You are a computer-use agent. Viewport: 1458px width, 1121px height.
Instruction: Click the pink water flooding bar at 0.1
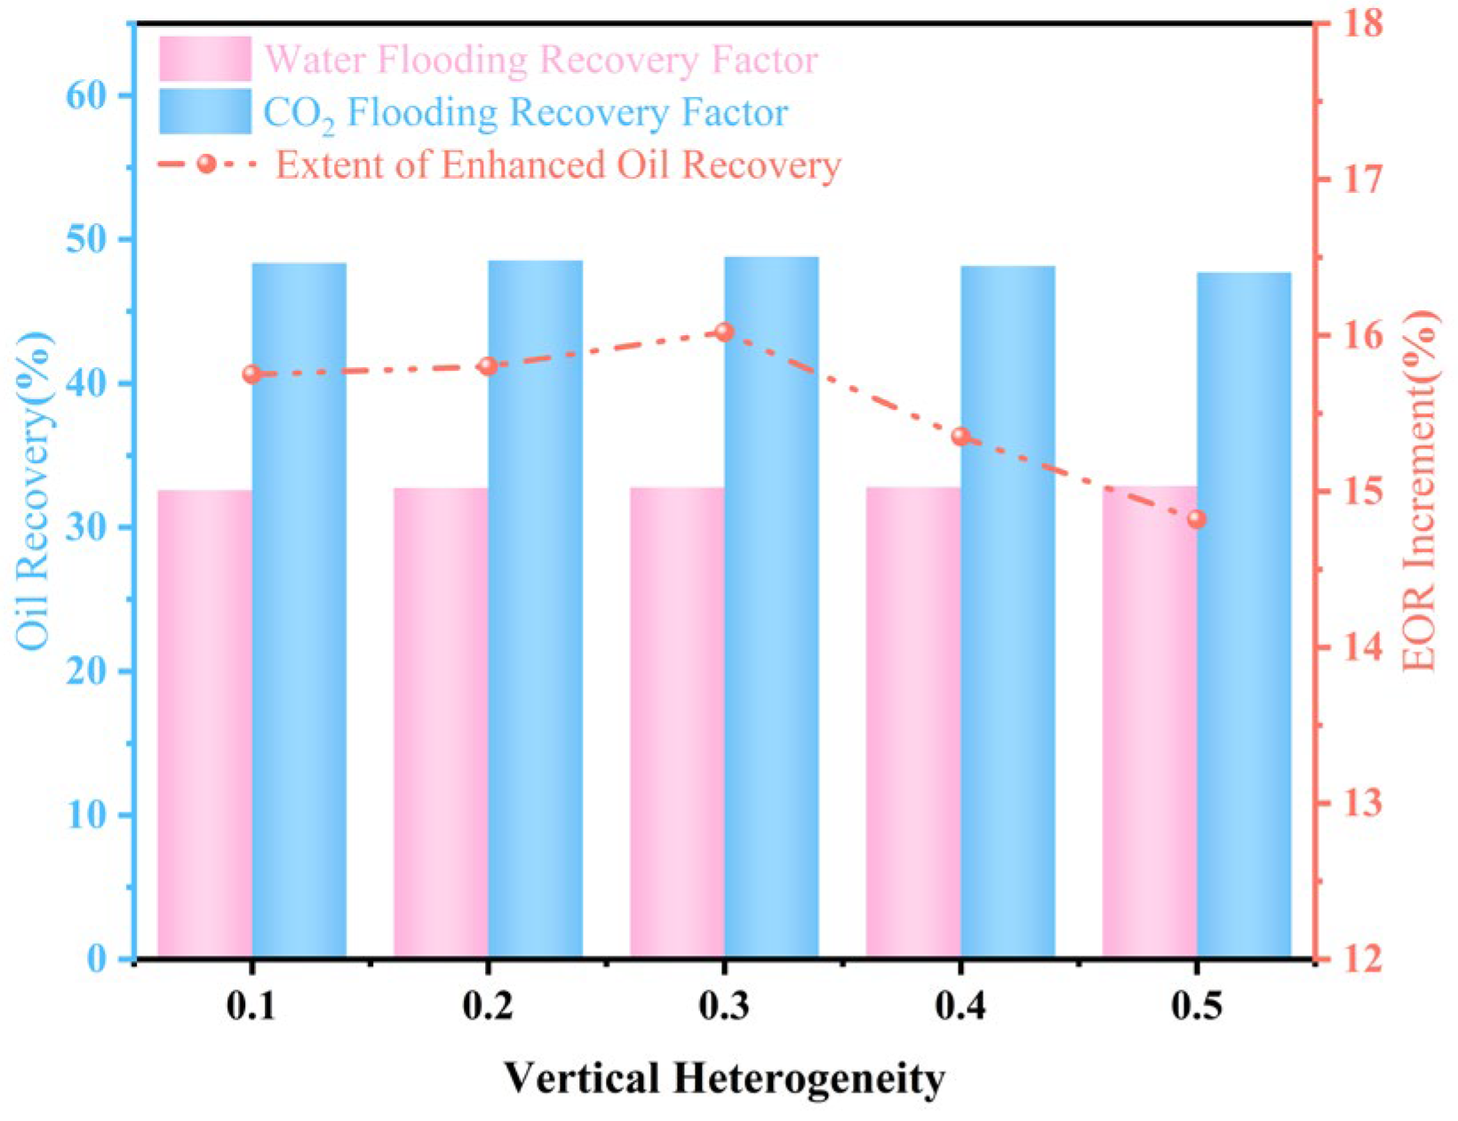point(204,723)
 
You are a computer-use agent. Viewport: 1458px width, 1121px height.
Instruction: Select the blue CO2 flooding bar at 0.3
point(771,607)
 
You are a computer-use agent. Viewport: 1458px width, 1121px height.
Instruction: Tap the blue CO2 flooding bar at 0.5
point(1244,614)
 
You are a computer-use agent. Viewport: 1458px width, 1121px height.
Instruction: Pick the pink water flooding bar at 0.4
point(913,722)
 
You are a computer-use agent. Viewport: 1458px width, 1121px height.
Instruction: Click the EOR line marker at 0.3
point(724,332)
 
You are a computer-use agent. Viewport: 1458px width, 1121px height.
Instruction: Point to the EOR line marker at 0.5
point(1196,519)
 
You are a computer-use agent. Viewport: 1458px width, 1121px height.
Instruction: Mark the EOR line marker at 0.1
point(252,374)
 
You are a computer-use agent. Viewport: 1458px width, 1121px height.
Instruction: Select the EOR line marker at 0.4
point(960,437)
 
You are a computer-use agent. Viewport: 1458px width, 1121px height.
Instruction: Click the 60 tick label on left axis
point(87,96)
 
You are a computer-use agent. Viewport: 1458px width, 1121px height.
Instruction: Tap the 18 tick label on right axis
point(1362,24)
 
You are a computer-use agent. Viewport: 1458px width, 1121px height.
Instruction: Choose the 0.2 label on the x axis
point(488,1007)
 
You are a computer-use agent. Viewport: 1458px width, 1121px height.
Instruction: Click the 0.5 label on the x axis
point(1196,1007)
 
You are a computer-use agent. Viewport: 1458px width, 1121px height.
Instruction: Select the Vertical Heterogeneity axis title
point(725,1079)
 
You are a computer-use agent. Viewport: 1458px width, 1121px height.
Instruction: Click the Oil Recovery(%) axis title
point(34,491)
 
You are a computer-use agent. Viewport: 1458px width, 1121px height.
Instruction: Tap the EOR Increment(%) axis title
point(1421,491)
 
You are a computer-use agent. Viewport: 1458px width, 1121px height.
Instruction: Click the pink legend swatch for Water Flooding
point(205,59)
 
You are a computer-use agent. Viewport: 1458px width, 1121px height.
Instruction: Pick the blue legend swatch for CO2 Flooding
point(205,111)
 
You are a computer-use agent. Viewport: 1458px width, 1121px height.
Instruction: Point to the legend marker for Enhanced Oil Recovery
point(207,164)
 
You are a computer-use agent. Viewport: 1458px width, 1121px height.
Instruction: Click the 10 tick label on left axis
point(87,815)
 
